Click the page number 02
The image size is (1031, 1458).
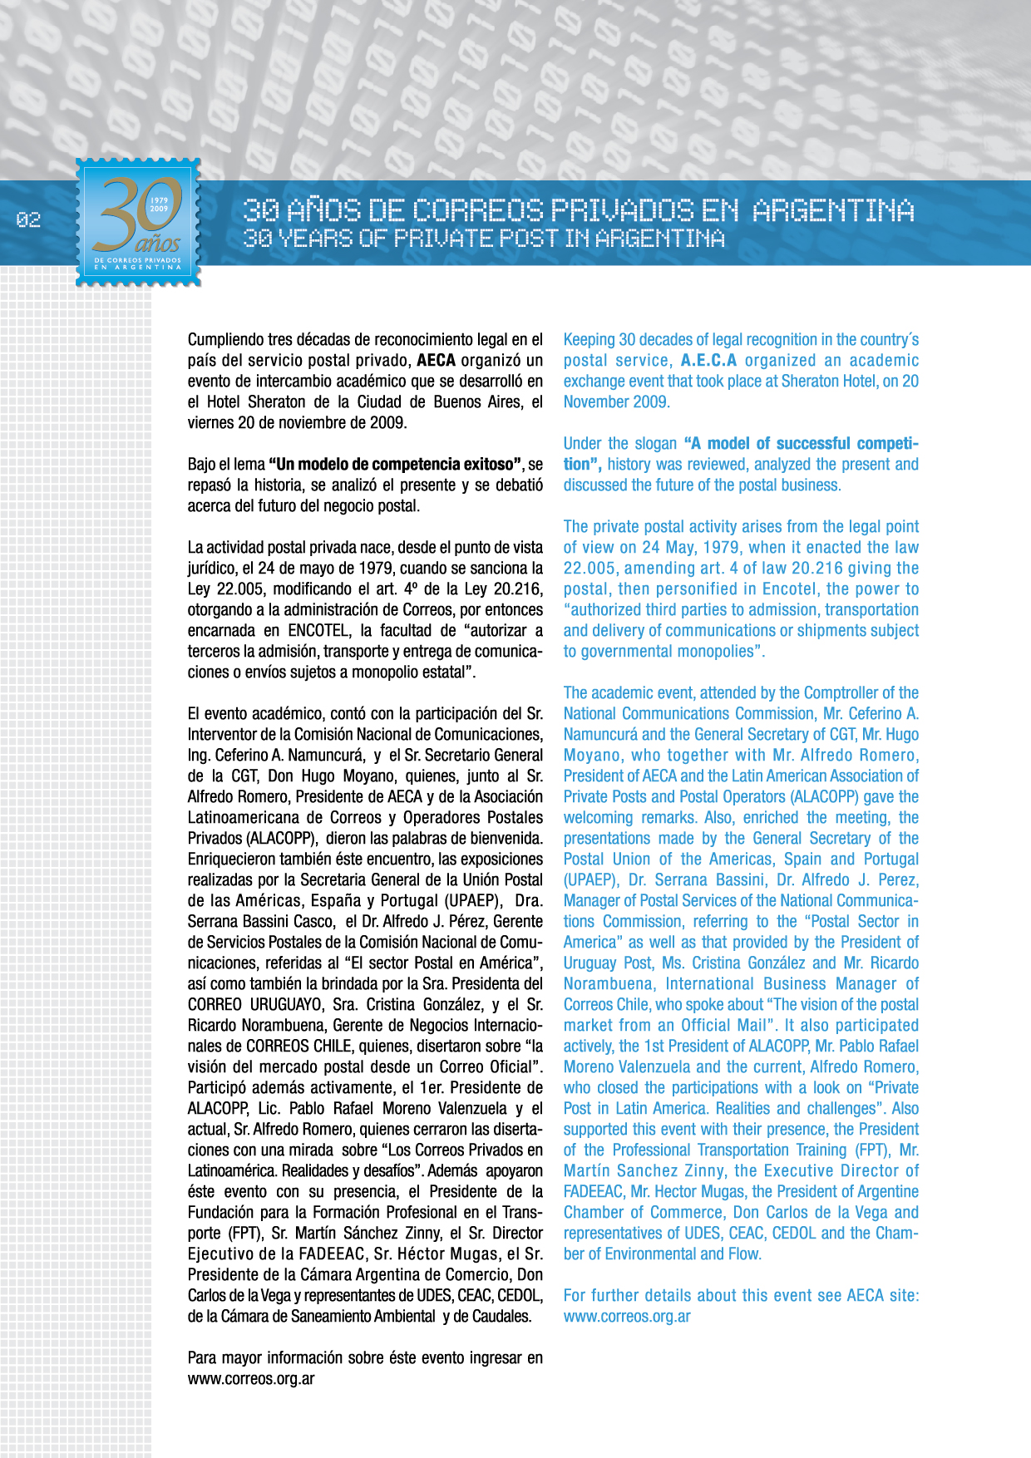[28, 220]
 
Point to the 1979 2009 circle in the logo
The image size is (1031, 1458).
[159, 204]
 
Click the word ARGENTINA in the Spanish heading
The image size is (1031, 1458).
[833, 211]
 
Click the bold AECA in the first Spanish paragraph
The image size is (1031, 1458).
[437, 361]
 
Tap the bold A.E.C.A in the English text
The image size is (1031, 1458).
[708, 361]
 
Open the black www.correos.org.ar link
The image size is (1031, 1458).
[251, 1379]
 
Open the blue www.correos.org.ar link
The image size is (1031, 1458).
[627, 1317]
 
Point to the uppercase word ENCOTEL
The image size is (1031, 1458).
[318, 631]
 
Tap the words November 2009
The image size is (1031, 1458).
[616, 402]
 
